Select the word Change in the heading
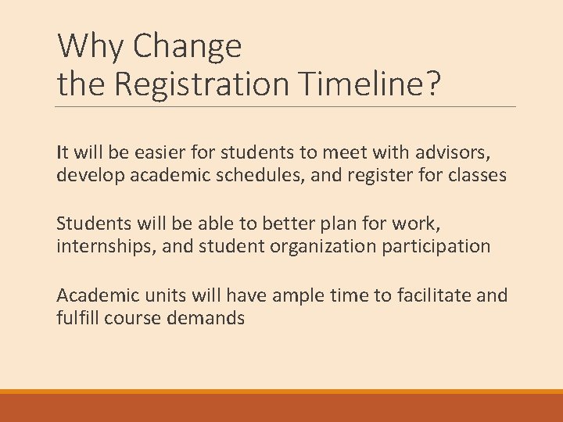pyautogui.click(x=188, y=47)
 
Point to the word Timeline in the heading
pyautogui.click(x=359, y=84)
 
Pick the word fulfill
pyautogui.click(x=77, y=318)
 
